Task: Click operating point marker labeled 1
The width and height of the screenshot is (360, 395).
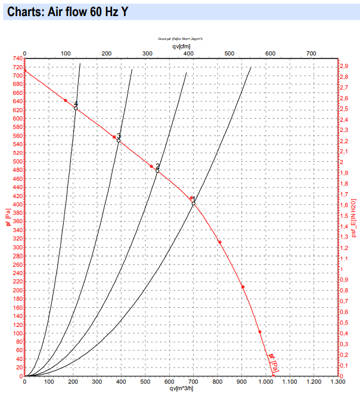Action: click(194, 203)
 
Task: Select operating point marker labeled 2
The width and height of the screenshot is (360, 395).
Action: click(157, 171)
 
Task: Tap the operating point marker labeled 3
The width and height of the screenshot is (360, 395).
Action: click(119, 140)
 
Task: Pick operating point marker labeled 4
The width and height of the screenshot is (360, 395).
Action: click(76, 108)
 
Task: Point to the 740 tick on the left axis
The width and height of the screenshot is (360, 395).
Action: click(14, 58)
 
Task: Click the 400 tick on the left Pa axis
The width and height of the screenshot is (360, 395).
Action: click(14, 205)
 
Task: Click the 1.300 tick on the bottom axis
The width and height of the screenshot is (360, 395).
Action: click(338, 382)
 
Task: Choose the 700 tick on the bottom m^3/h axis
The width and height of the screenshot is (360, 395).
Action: click(194, 382)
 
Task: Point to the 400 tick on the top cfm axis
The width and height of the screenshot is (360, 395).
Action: click(188, 54)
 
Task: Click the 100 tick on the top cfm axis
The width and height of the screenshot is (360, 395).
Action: click(65, 54)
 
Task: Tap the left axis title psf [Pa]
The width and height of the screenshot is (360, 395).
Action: click(7, 218)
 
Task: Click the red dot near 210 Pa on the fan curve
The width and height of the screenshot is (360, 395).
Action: click(243, 287)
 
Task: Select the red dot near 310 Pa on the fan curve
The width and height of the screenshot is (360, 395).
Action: click(219, 242)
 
